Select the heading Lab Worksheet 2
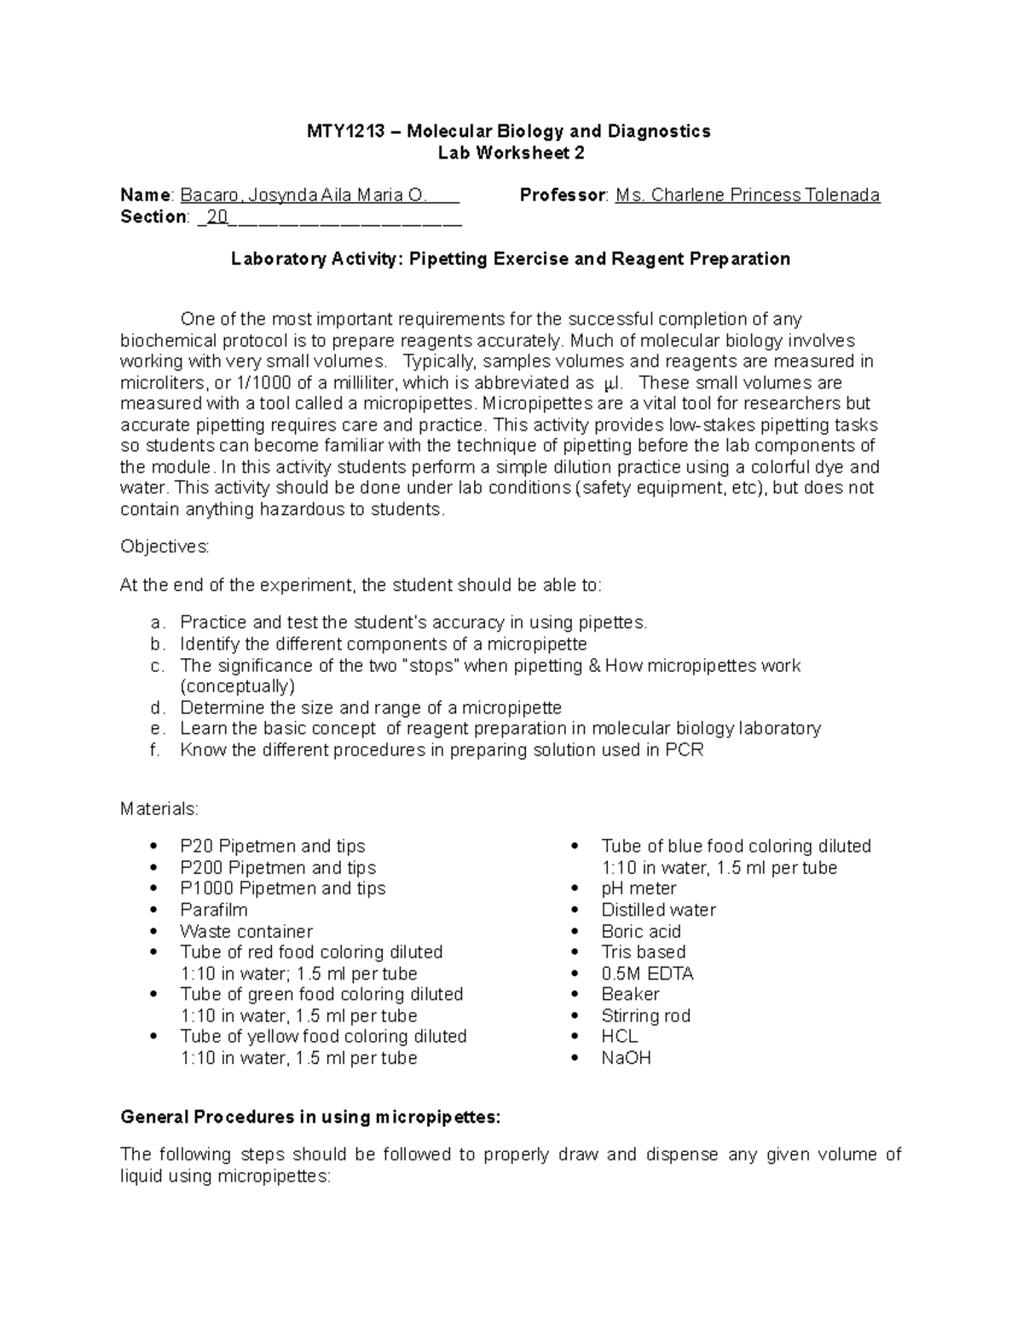[511, 153]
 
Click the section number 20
[217, 217]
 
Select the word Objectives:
[165, 546]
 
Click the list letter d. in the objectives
[155, 708]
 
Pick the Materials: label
[159, 808]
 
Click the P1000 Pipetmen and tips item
[282, 888]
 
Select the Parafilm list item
[213, 910]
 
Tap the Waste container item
[246, 931]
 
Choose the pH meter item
[639, 888]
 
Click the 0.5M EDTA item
[647, 974]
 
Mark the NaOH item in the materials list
[626, 1058]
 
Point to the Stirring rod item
[645, 1015]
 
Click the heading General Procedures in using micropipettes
[310, 1117]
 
